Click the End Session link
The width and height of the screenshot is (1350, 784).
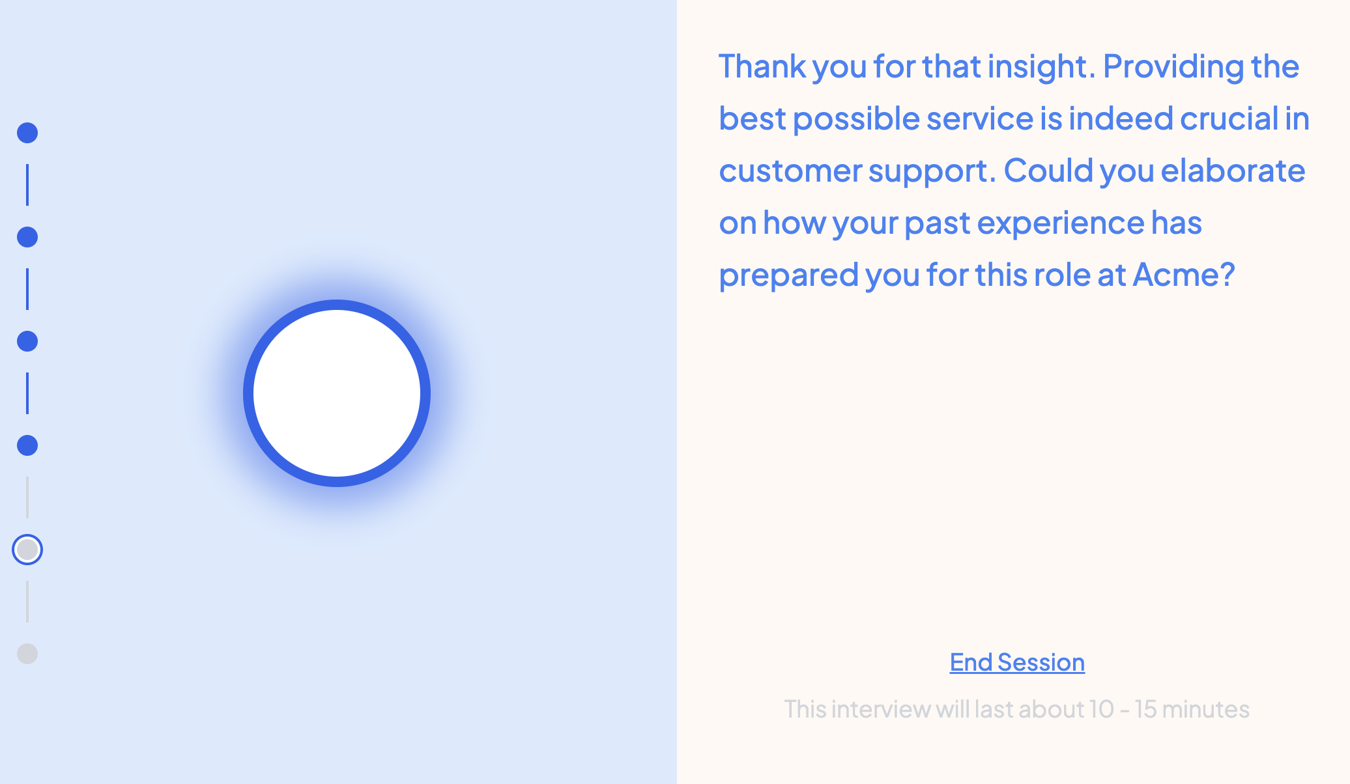tap(1017, 662)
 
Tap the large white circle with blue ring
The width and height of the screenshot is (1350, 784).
tap(337, 393)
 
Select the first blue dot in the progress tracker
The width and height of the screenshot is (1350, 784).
tap(27, 133)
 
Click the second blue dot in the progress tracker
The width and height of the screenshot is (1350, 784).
tap(27, 237)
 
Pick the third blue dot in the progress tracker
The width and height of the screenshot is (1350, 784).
tap(27, 341)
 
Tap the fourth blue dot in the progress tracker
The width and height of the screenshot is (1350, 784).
tap(27, 445)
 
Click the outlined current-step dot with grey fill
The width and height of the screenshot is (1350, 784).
tap(27, 550)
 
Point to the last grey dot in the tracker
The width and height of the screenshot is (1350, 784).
tap(27, 654)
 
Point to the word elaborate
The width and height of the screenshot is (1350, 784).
tap(1233, 170)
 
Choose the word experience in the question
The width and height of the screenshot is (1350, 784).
tap(1061, 223)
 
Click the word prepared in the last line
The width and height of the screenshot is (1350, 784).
tap(788, 275)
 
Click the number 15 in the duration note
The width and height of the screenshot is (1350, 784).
tap(1145, 708)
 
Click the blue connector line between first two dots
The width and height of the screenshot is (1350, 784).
tap(27, 185)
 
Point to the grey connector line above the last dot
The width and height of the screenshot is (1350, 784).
tap(27, 602)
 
